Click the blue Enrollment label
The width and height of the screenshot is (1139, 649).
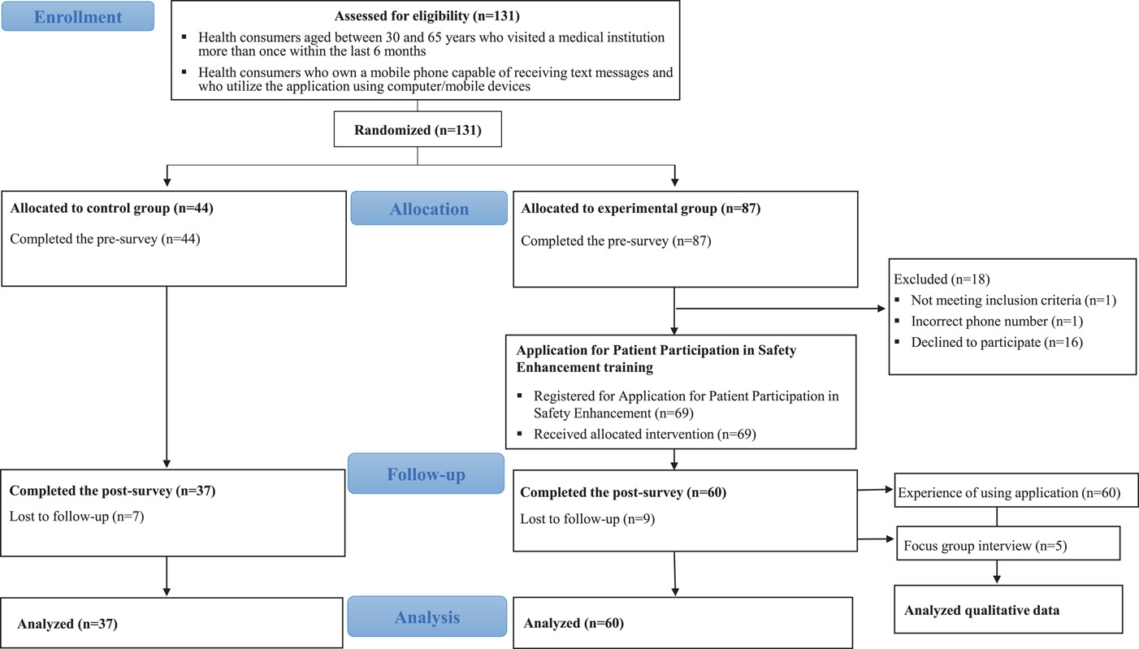point(78,16)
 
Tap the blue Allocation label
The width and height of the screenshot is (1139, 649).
point(429,209)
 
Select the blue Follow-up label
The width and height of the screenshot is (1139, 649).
point(426,474)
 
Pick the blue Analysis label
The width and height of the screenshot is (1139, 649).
point(427,617)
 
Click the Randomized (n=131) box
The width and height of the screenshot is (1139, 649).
point(418,130)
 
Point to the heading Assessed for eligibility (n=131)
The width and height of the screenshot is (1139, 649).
point(427,15)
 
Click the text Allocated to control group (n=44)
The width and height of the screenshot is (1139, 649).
point(111,209)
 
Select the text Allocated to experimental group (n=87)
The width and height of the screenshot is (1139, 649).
point(641,209)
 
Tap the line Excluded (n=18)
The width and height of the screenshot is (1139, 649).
point(942,279)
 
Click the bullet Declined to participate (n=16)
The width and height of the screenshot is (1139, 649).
point(997,342)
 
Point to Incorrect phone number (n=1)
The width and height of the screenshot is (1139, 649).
point(997,321)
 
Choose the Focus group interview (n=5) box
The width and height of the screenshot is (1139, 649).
point(1008,543)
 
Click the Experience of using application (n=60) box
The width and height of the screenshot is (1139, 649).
point(1016,491)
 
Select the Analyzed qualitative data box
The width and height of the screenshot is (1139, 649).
point(1008,609)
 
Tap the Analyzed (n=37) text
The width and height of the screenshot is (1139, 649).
point(67,624)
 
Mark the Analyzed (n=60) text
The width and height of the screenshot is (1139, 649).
point(574,623)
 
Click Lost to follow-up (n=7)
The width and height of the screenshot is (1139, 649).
point(77,517)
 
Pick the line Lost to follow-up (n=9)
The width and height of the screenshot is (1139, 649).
point(587,519)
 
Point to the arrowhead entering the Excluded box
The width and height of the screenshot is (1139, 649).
point(881,309)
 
